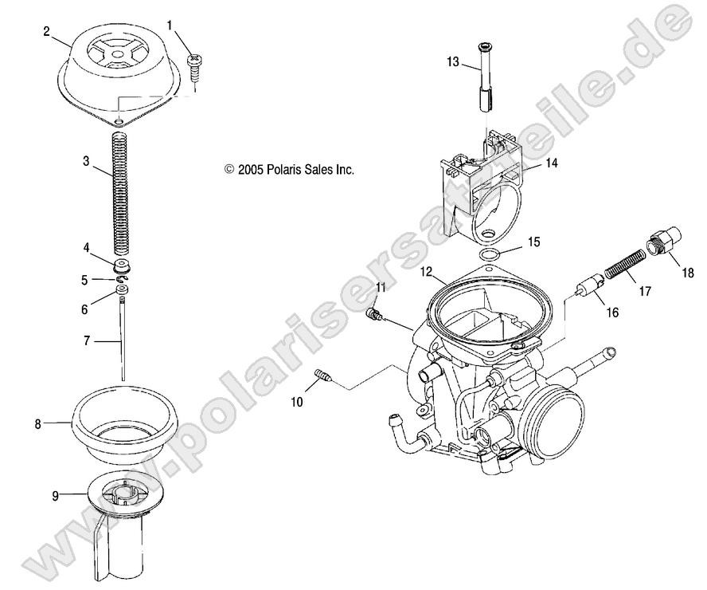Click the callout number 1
[x=170, y=26]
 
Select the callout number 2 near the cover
[x=46, y=31]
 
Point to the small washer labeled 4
[x=122, y=264]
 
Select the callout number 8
[x=37, y=424]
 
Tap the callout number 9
[x=55, y=495]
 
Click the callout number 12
[x=428, y=272]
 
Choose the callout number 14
[x=551, y=163]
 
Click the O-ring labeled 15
[x=492, y=255]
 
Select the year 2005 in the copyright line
[x=251, y=170]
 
